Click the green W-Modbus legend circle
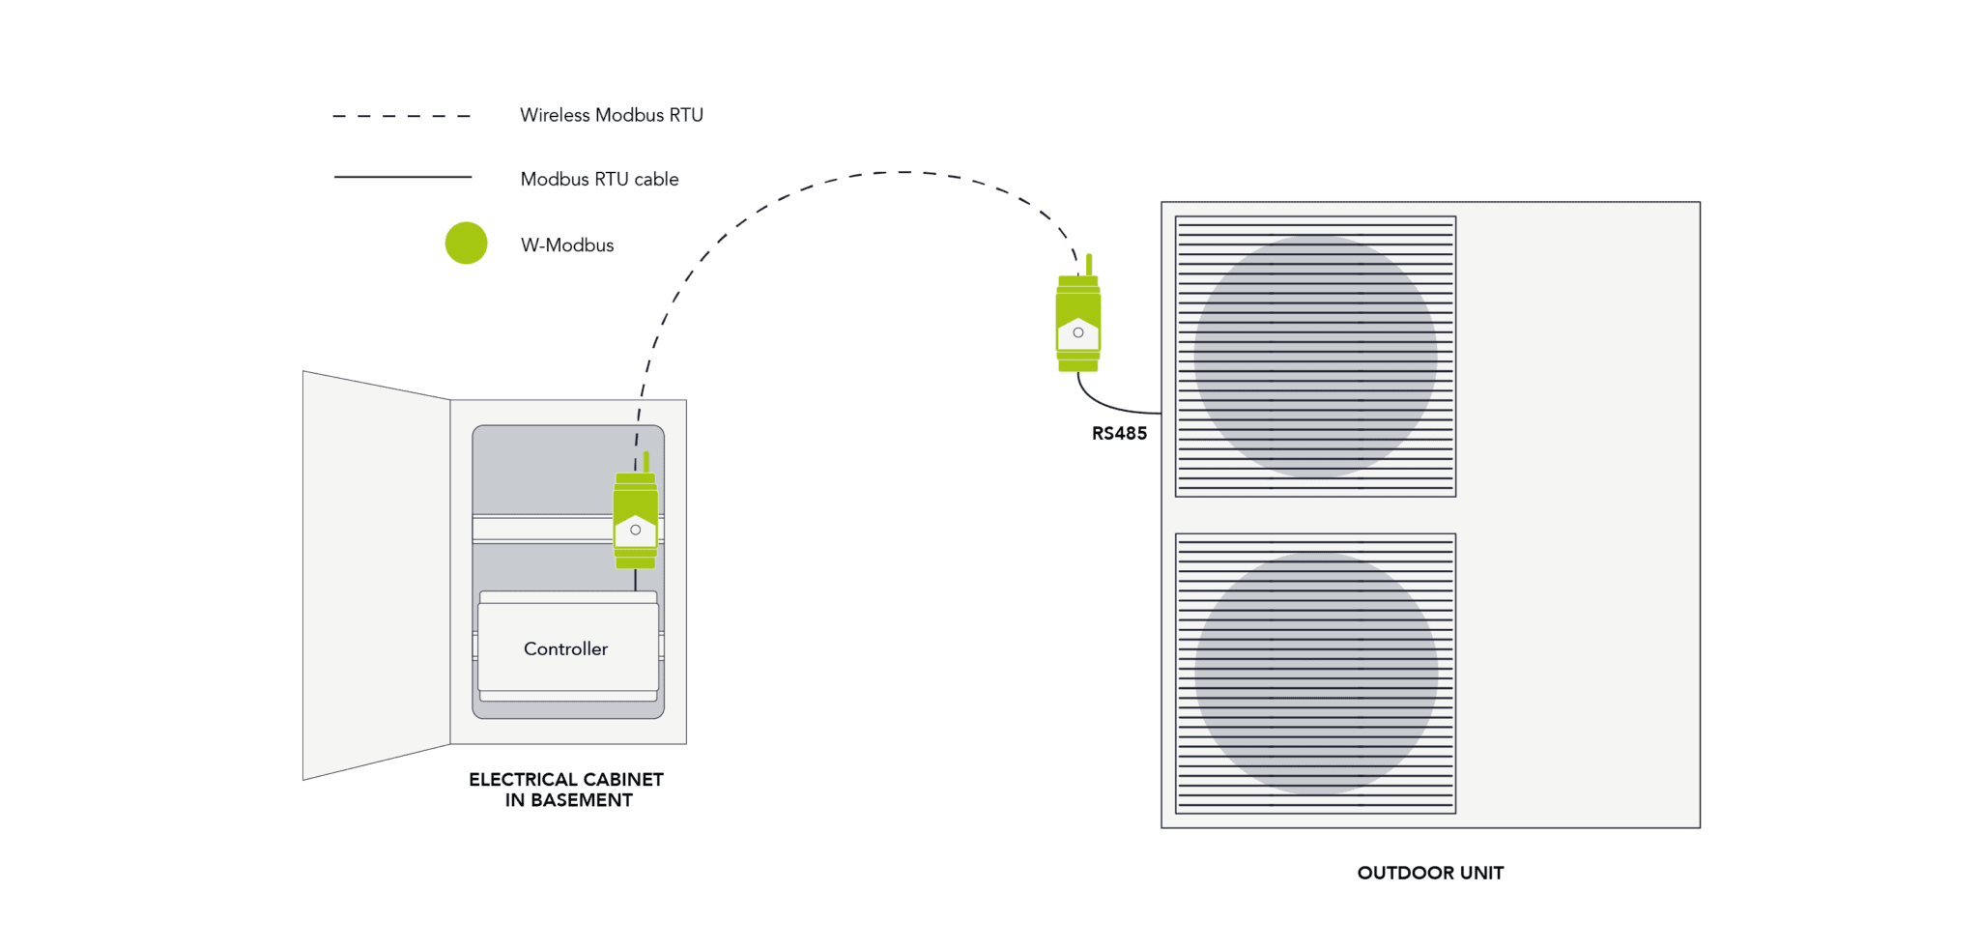point(466,244)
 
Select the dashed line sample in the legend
point(401,116)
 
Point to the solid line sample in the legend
point(402,177)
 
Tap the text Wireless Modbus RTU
point(611,115)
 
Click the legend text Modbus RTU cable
point(599,179)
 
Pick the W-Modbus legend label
point(567,245)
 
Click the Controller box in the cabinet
point(567,647)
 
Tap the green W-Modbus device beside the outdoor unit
point(1077,324)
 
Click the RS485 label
point(1119,434)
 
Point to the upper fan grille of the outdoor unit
point(1314,356)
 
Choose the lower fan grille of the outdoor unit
point(1314,673)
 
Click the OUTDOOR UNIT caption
point(1429,873)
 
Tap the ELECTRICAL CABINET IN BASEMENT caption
point(566,790)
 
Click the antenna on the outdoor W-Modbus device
point(1089,263)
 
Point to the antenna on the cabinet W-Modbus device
point(645,461)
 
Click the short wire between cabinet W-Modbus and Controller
point(635,580)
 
